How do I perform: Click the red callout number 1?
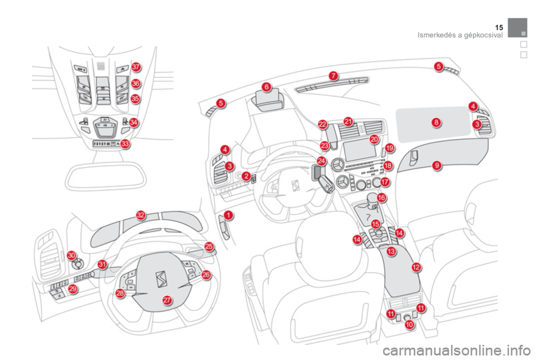[x=228, y=215]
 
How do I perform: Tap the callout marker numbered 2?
[x=246, y=176]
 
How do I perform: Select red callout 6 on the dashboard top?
[x=267, y=87]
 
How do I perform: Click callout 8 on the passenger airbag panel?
[x=436, y=122]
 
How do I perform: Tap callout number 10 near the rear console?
[x=409, y=325]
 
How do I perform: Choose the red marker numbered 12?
[x=416, y=267]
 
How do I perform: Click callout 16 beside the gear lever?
[x=381, y=198]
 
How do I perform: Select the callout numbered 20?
[x=375, y=139]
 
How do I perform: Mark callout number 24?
[x=321, y=161]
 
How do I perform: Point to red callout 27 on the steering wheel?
[x=167, y=300]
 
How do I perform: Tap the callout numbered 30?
[x=71, y=255]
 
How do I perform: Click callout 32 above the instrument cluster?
[x=141, y=214]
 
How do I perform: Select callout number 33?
[x=125, y=143]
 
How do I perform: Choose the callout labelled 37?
[x=136, y=67]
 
